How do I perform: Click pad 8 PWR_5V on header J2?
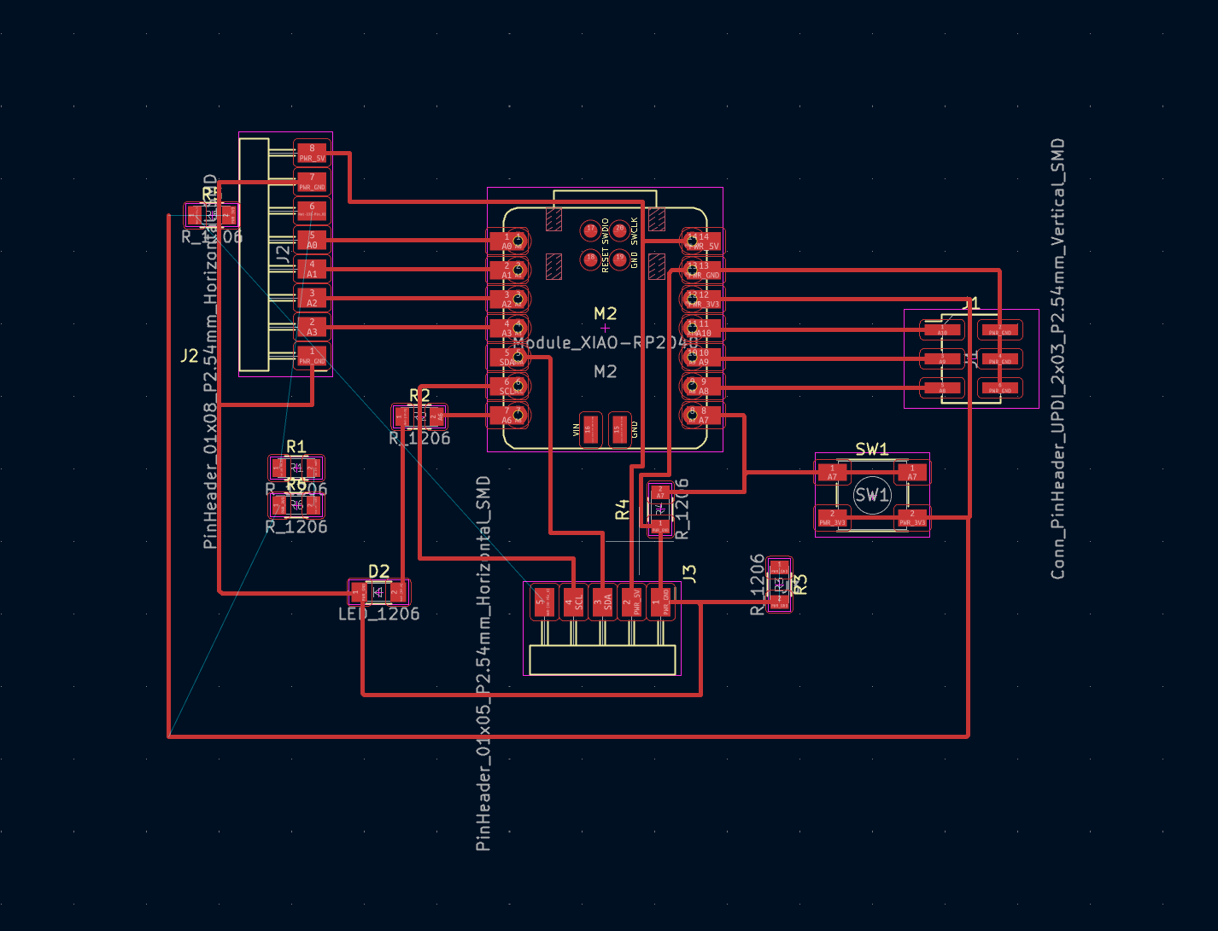312,153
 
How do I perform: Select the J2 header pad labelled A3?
312,327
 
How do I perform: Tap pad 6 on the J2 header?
312,210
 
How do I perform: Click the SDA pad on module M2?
507,358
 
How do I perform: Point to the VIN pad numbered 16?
589,428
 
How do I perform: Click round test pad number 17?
589,230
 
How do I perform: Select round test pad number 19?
619,258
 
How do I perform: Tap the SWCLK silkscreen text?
635,230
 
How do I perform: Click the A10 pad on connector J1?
942,329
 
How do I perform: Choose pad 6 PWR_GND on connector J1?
1000,387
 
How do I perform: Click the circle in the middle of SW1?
872,495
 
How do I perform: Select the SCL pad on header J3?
572,602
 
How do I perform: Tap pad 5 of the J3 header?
541,602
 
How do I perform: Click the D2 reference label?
378,571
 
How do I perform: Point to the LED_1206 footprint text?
378,614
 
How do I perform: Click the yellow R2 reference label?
419,396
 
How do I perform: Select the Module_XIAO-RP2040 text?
605,342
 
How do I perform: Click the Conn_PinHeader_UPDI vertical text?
1057,358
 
